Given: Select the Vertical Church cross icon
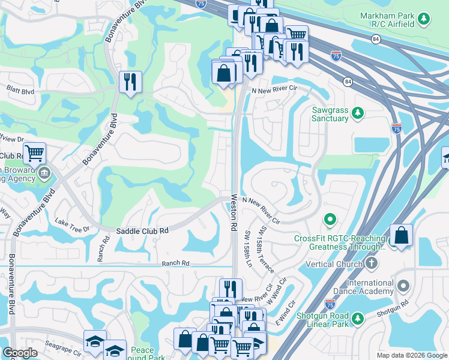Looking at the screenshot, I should [372, 263].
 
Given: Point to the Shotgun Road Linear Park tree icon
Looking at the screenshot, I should [358, 318].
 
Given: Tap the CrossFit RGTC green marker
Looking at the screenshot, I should [329, 221].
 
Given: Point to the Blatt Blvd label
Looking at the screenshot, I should [20, 92].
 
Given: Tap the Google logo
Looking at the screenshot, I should [20, 353].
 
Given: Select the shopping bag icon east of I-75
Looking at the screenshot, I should [400, 236].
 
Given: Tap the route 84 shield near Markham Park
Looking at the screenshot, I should [375, 39].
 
